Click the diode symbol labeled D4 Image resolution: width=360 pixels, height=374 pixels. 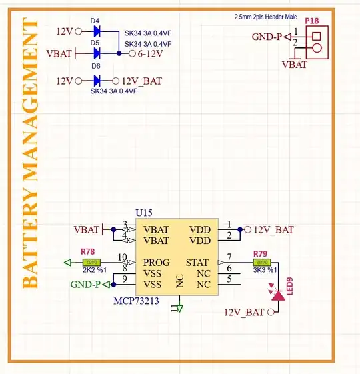[97, 31]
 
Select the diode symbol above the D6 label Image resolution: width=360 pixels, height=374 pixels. [97, 52]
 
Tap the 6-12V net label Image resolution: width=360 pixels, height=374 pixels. [151, 53]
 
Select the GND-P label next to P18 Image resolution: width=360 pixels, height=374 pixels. [267, 37]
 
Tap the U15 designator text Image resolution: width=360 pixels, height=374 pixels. [143, 213]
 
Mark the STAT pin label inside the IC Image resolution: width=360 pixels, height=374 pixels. [197, 262]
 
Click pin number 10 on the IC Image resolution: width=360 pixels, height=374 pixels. [122, 257]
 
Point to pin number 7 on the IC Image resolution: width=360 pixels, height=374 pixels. [229, 257]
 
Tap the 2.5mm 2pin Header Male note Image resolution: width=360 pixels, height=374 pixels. [266, 17]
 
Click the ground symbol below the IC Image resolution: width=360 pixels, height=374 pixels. [177, 308]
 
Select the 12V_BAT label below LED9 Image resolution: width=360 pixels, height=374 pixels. [244, 312]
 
